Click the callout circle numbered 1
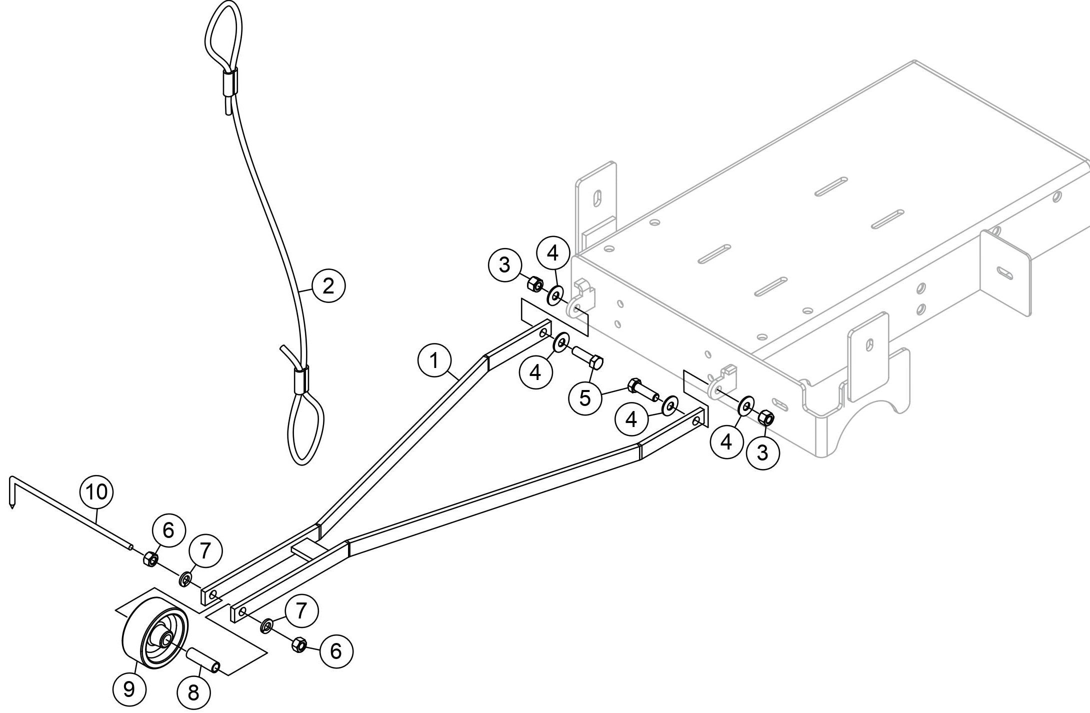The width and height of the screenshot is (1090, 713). coord(434,360)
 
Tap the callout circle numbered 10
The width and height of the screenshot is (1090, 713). coord(97,492)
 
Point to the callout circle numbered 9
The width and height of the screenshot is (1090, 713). coord(129,689)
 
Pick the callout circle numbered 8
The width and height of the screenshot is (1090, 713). coord(193,692)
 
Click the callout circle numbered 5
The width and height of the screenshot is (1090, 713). coord(584,397)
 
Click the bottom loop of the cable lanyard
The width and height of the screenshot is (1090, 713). coord(305,429)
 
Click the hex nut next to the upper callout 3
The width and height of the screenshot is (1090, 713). coord(535,284)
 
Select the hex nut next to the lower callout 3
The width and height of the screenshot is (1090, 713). coord(765,417)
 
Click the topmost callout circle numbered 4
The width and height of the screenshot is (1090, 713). coord(552,254)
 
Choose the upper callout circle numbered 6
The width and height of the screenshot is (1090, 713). coord(168,530)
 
